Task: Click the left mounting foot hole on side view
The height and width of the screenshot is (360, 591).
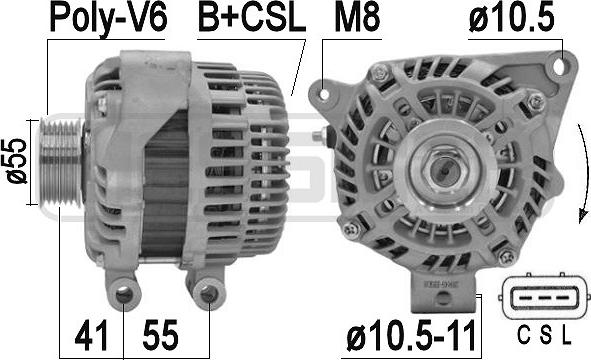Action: click(x=124, y=293)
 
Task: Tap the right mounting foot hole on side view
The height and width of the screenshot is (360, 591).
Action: click(x=206, y=294)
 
